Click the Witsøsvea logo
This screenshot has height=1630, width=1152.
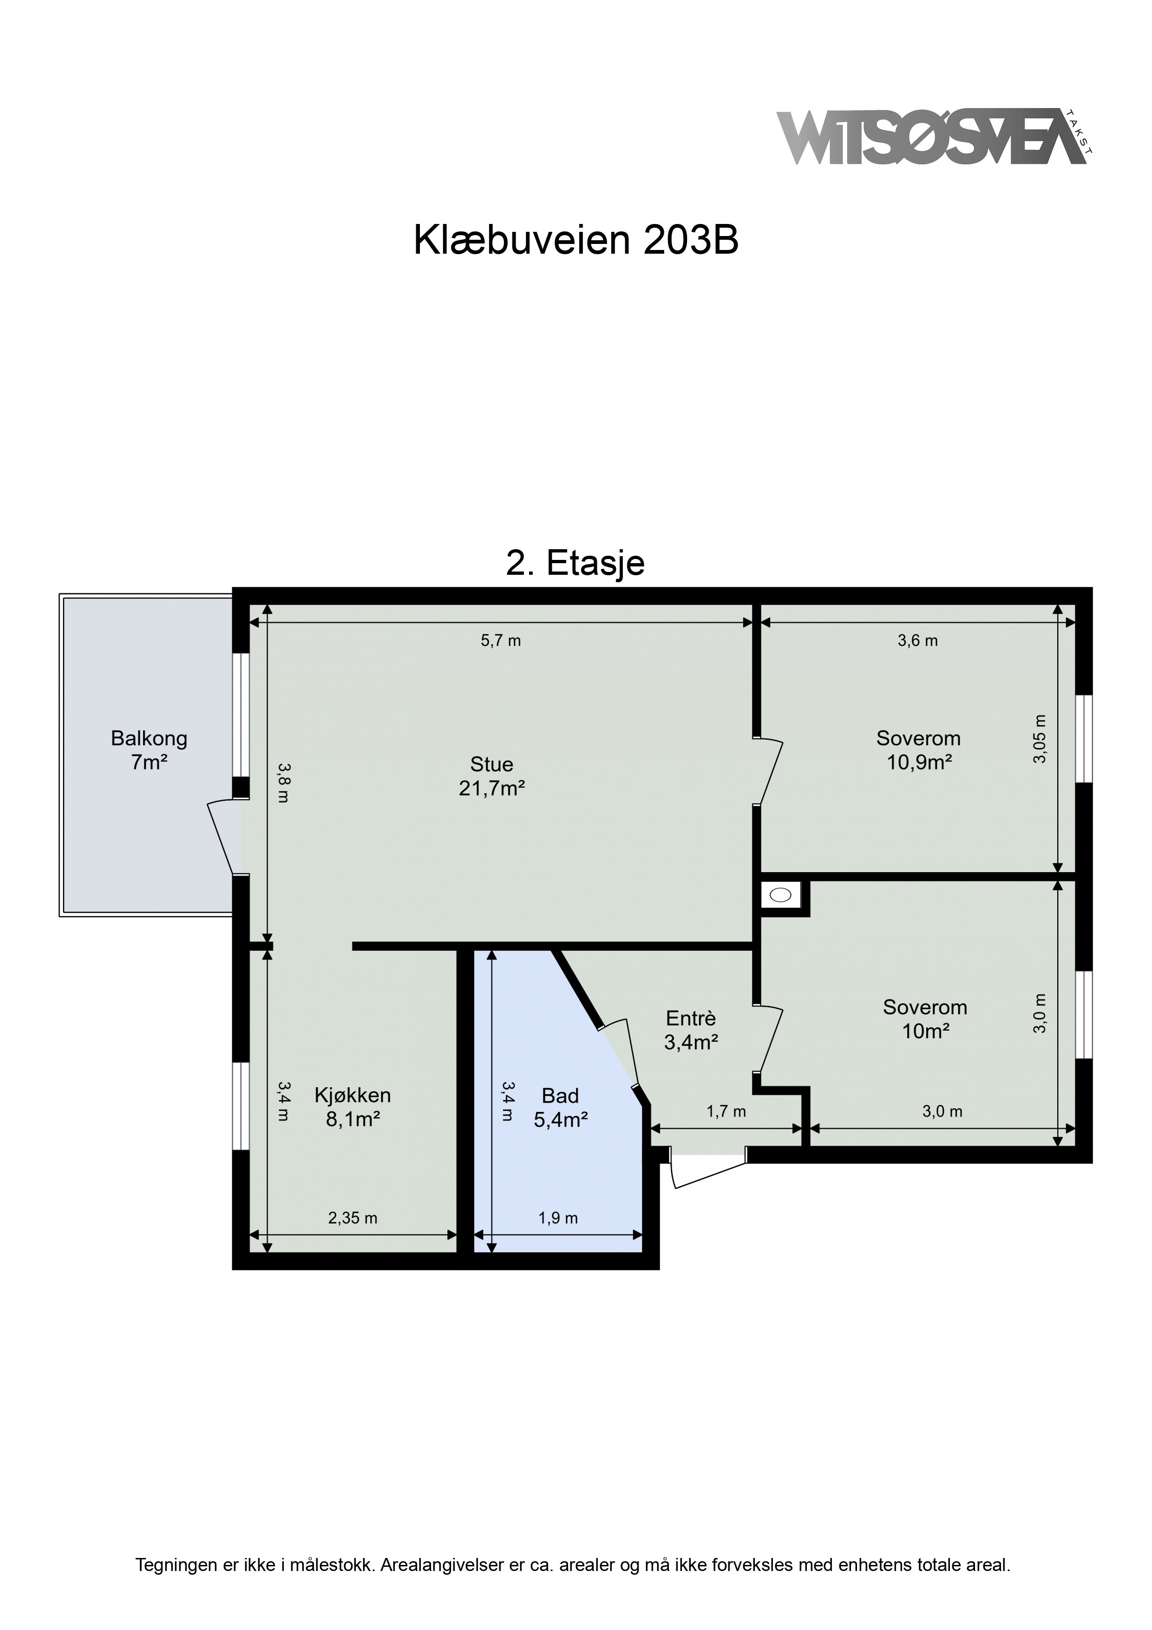click(x=935, y=137)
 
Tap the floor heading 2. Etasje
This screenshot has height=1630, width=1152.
click(x=575, y=563)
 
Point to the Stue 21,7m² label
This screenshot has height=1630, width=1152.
click(x=492, y=776)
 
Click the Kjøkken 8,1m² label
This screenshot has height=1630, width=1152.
click(x=353, y=1107)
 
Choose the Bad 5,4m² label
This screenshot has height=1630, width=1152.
click(x=561, y=1107)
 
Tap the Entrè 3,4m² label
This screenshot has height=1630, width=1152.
click(x=691, y=1030)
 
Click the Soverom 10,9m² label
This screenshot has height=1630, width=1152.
click(x=918, y=749)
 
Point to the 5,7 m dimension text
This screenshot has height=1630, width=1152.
click(x=501, y=640)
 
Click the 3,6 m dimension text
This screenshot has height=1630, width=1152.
click(x=918, y=640)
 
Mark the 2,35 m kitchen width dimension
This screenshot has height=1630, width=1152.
click(x=353, y=1218)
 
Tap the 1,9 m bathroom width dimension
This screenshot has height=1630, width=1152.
click(x=558, y=1218)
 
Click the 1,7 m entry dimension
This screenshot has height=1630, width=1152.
click(x=726, y=1111)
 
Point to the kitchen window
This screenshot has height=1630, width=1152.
click(x=242, y=1105)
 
